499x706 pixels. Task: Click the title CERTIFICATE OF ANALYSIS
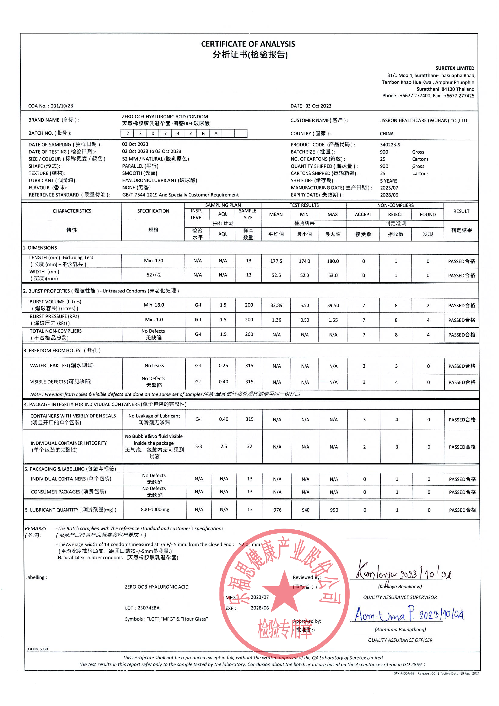pyautogui.click(x=248, y=44)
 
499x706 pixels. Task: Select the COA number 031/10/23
pyautogui.click(x=62, y=106)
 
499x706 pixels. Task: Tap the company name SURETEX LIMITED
pyautogui.click(x=454, y=68)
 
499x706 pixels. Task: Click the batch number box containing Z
pyautogui.click(x=190, y=133)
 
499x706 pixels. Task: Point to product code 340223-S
pyautogui.click(x=390, y=145)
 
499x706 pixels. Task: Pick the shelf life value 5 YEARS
pyautogui.click(x=388, y=181)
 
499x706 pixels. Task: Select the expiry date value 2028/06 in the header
pyautogui.click(x=389, y=195)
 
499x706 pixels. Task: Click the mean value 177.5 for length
pyautogui.click(x=276, y=261)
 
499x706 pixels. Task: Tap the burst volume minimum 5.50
pyautogui.click(x=304, y=305)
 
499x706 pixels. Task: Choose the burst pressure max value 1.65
pyautogui.click(x=333, y=320)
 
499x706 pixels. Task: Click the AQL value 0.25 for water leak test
pyautogui.click(x=223, y=366)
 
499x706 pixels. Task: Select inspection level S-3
pyautogui.click(x=199, y=446)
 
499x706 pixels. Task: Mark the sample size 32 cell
pyautogui.click(x=249, y=446)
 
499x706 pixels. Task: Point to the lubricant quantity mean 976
pyautogui.click(x=277, y=510)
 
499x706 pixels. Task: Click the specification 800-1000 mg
pyautogui.click(x=155, y=510)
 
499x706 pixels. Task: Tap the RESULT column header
pyautogui.click(x=461, y=211)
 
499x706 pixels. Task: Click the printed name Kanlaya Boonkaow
pyautogui.click(x=400, y=587)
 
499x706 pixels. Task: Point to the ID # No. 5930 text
pyautogui.click(x=37, y=649)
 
